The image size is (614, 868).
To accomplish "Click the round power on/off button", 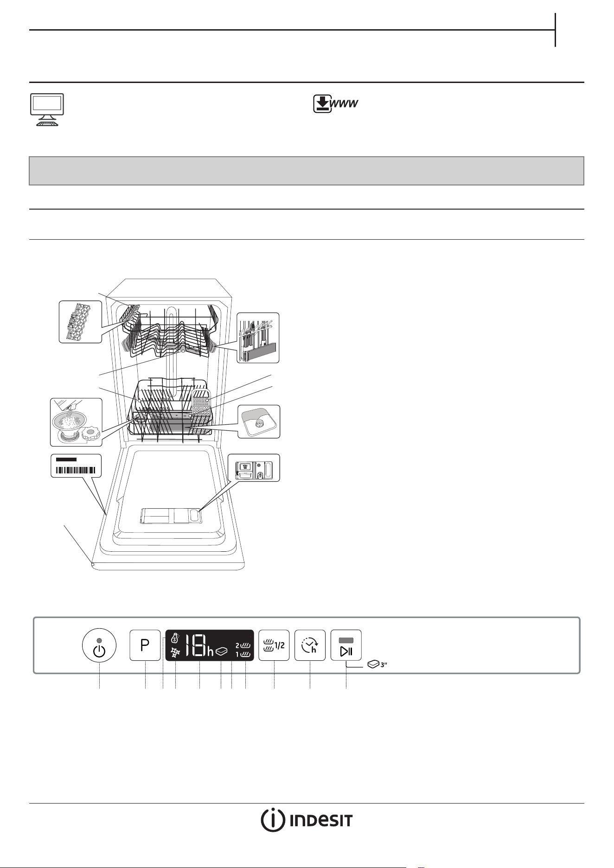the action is pyautogui.click(x=100, y=645).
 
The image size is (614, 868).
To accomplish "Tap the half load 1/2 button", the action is pyautogui.click(x=274, y=645).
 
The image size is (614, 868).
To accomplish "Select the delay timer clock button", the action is pyautogui.click(x=310, y=645).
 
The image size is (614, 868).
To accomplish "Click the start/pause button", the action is pyautogui.click(x=346, y=645).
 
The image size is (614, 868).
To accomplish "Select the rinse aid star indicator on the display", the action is pyautogui.click(x=175, y=651).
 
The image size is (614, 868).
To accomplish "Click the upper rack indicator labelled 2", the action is pyautogui.click(x=243, y=645).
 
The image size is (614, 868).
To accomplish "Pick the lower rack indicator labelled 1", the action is pyautogui.click(x=243, y=654).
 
